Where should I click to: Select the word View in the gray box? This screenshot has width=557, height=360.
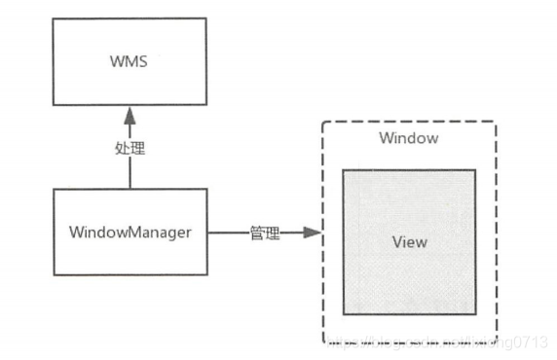tap(409, 240)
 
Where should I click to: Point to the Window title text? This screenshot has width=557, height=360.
tap(408, 138)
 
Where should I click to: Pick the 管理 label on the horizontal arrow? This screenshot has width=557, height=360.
tap(265, 234)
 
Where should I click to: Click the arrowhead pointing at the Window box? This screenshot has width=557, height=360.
tap(311, 234)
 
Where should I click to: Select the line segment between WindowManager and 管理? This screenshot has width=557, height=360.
tap(228, 234)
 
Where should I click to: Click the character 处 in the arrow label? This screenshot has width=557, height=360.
tap(122, 151)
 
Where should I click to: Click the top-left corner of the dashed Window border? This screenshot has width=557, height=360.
tap(322, 122)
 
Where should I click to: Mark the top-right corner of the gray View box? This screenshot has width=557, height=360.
tap(476, 169)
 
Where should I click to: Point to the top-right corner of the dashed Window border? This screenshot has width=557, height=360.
tap(496, 122)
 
